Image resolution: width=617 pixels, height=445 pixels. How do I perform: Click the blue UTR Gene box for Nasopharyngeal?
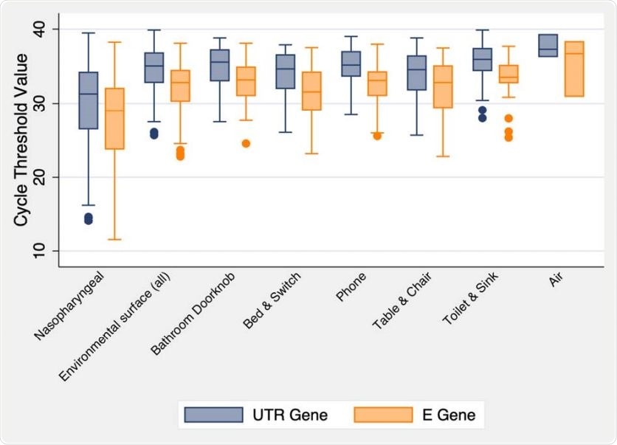click(x=88, y=100)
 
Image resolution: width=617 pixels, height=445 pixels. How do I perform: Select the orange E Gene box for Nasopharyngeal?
click(x=114, y=119)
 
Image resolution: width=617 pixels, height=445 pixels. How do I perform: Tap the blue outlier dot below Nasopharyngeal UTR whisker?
click(x=88, y=218)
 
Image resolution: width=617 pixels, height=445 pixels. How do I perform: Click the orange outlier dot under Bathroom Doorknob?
click(x=246, y=143)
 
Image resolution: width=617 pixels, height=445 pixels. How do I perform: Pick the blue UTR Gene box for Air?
click(x=548, y=45)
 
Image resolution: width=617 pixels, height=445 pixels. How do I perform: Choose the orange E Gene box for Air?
click(x=574, y=69)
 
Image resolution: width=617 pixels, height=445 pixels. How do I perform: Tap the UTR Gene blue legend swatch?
click(x=213, y=415)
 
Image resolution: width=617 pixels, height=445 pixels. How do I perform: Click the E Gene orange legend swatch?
click(x=383, y=415)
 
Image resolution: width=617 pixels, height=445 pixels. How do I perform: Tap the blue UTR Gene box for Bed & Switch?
click(x=285, y=72)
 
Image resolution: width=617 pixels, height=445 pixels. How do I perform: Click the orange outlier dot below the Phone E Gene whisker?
click(x=377, y=136)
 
